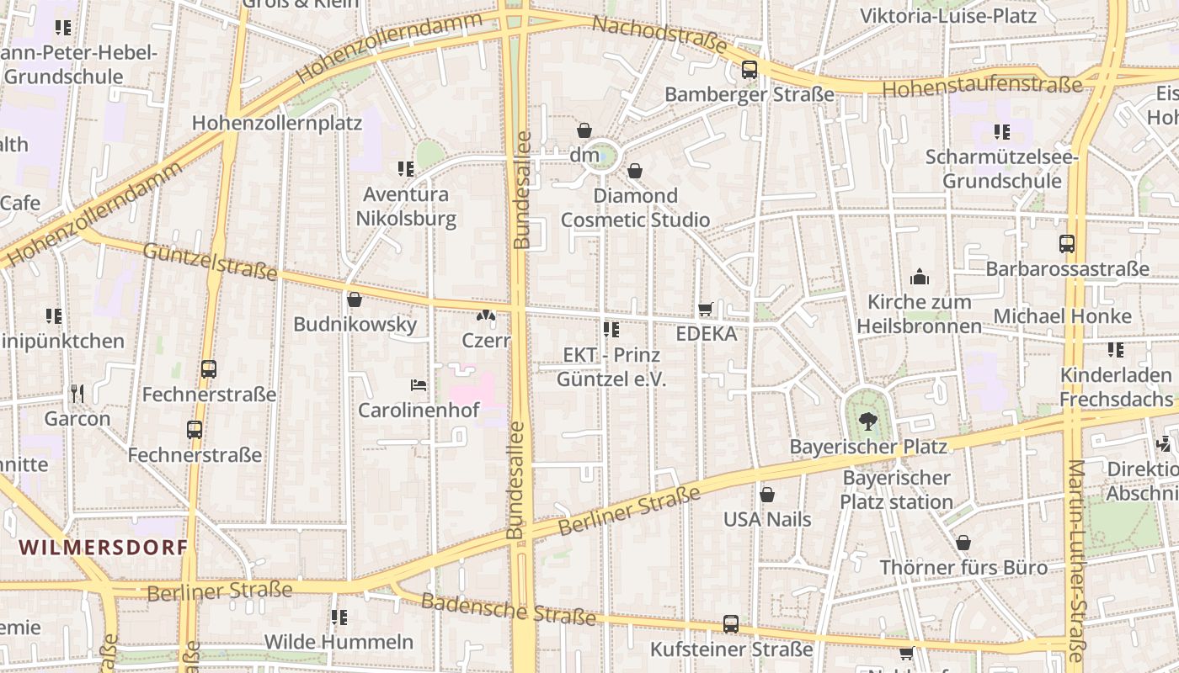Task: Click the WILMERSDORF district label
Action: [103, 548]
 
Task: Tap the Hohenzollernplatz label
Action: [277, 123]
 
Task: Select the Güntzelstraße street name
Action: [210, 260]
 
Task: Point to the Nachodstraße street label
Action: [659, 34]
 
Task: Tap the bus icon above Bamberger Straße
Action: [749, 70]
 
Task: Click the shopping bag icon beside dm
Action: [584, 130]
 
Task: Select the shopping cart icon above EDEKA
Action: [706, 310]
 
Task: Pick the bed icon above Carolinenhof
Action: [419, 385]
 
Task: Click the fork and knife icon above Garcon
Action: [77, 393]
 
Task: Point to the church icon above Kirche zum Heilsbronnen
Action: [919, 277]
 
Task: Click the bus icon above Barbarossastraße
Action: [1067, 244]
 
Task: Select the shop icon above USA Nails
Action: [767, 495]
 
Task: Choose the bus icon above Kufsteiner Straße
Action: [731, 624]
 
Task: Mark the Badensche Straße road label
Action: [508, 609]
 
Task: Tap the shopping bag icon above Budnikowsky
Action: [355, 299]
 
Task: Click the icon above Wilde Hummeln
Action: [339, 617]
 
